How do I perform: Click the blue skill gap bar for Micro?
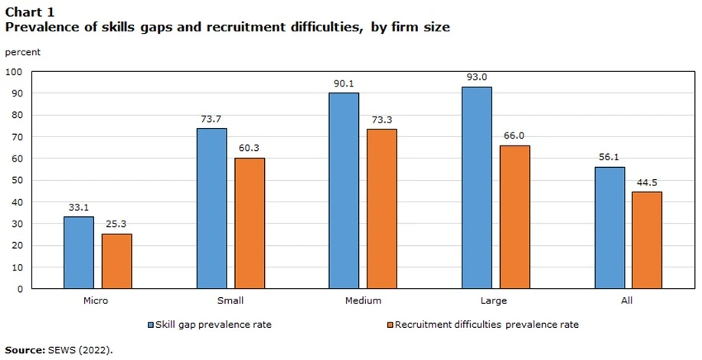pyautogui.click(x=78, y=253)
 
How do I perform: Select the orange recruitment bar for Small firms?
pyautogui.click(x=250, y=224)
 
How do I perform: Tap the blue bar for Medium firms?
pyautogui.click(x=344, y=191)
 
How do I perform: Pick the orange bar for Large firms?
pyautogui.click(x=514, y=218)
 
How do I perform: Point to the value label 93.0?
pyautogui.click(x=476, y=77)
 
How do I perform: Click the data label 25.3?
pyautogui.click(x=116, y=224)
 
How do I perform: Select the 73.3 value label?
pyautogui.click(x=382, y=120)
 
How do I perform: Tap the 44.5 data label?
pyautogui.click(x=647, y=182)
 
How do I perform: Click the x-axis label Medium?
pyautogui.click(x=363, y=301)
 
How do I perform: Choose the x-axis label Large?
pyautogui.click(x=495, y=301)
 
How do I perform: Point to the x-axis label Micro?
pyautogui.click(x=96, y=301)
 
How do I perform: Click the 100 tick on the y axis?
pyautogui.click(x=14, y=72)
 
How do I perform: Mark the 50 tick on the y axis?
pyautogui.click(x=17, y=181)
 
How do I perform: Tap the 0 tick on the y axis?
pyautogui.click(x=20, y=290)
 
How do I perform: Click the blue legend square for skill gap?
pyautogui.click(x=151, y=325)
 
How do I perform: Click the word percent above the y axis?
pyautogui.click(x=23, y=52)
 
